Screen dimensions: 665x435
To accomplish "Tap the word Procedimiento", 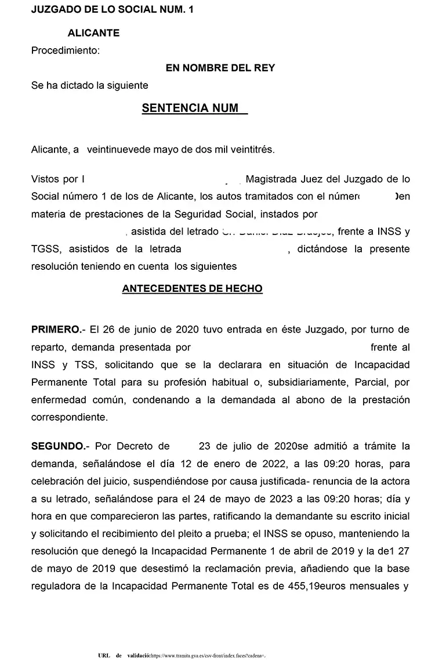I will [65, 50].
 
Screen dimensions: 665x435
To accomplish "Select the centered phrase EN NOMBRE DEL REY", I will [220, 68].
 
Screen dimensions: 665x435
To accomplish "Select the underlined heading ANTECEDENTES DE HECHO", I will [192, 288].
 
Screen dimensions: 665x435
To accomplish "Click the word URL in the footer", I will [105, 656].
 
